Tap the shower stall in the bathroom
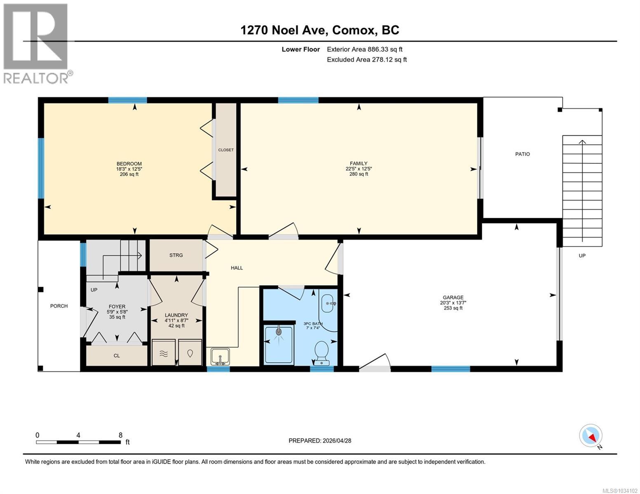279,345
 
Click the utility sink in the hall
220,356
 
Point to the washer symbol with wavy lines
164,352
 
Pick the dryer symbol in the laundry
190,352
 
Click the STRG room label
176,255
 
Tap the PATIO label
522,154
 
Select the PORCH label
59,306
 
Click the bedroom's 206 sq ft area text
129,174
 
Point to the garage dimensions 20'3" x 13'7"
453,303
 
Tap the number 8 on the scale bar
120,435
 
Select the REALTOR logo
37,43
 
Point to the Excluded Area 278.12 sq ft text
367,59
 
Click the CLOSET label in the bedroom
226,150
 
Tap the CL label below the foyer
117,356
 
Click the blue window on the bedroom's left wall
41,168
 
